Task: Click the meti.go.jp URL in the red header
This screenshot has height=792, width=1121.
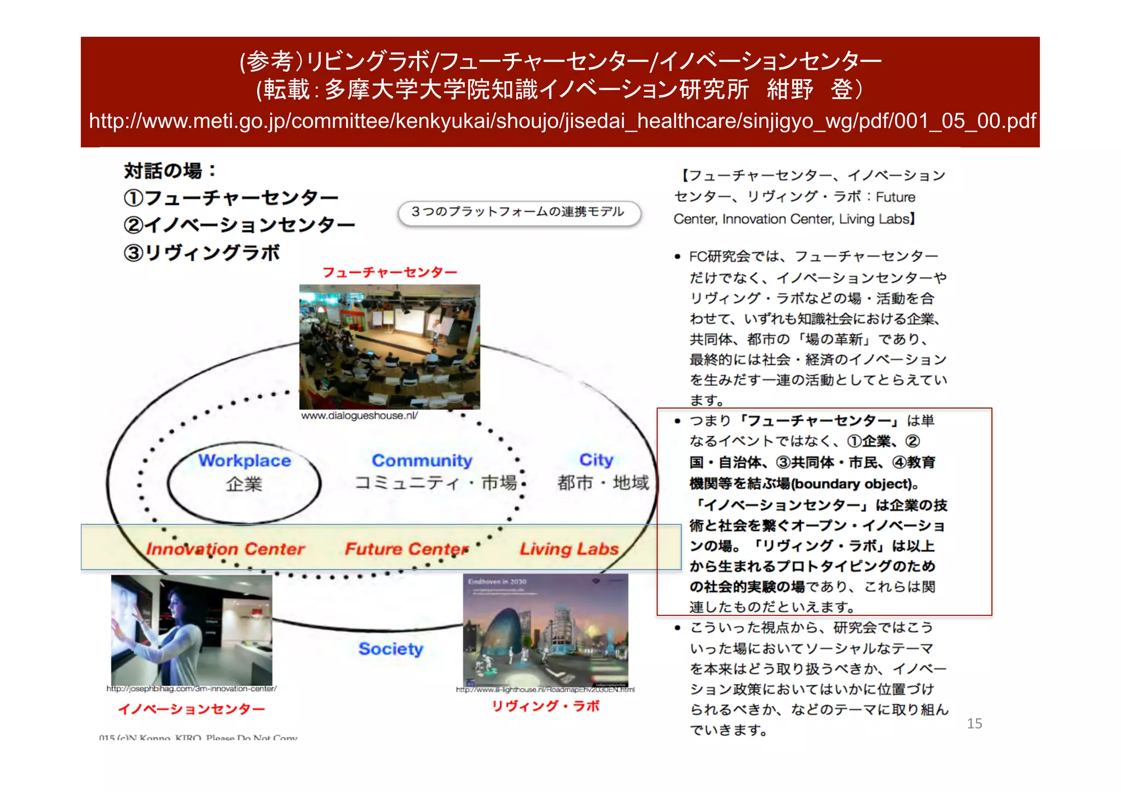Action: pyautogui.click(x=562, y=121)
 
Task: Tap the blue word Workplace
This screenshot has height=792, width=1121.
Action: pyautogui.click(x=245, y=461)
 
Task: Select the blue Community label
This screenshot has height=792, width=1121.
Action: pyautogui.click(x=422, y=461)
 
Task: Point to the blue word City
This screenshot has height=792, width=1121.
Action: pyautogui.click(x=596, y=459)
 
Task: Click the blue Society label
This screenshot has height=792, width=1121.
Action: pyautogui.click(x=391, y=649)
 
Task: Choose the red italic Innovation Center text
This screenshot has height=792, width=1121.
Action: pyautogui.click(x=225, y=549)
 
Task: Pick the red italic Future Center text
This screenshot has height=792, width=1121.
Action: pyautogui.click(x=406, y=549)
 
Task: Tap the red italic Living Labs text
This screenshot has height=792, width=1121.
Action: pyautogui.click(x=569, y=549)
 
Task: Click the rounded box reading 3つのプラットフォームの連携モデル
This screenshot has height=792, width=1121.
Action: pyautogui.click(x=518, y=212)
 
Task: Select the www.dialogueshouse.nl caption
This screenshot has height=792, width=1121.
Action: pyautogui.click(x=360, y=416)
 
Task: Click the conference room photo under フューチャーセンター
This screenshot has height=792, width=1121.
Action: pyautogui.click(x=389, y=346)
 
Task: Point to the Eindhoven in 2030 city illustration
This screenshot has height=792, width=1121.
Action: pyautogui.click(x=545, y=630)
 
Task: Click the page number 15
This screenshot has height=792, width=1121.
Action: pyautogui.click(x=974, y=724)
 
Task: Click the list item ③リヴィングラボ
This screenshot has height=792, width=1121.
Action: pyautogui.click(x=202, y=253)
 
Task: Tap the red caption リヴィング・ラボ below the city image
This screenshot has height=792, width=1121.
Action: pyautogui.click(x=545, y=706)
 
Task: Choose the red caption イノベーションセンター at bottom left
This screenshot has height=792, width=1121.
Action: pyautogui.click(x=192, y=709)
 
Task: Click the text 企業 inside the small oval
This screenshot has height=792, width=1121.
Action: pyautogui.click(x=244, y=484)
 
